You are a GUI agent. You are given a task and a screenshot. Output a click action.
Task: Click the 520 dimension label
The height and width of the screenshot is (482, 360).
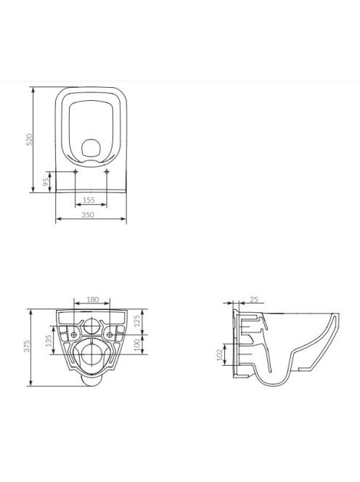pyautogui.click(x=30, y=139)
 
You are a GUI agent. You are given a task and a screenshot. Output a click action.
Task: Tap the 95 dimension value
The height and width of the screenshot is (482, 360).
pyautogui.click(x=46, y=181)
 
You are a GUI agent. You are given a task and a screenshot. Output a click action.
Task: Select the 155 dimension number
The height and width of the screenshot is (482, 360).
pyautogui.click(x=89, y=200)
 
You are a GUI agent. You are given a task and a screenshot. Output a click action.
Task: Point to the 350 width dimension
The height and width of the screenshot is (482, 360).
pyautogui.click(x=88, y=215)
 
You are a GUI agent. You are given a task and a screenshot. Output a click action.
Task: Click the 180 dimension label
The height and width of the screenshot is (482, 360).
pyautogui.click(x=92, y=299)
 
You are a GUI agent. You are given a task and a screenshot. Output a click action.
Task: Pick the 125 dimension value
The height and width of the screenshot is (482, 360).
pyautogui.click(x=137, y=321)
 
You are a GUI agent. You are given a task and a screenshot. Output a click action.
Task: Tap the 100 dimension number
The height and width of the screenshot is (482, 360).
pyautogui.click(x=137, y=345)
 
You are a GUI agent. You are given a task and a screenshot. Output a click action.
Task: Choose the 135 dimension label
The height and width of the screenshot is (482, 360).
pyautogui.click(x=49, y=341)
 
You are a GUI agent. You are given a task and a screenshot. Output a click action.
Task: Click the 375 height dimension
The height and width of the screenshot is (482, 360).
pyautogui.click(x=27, y=346)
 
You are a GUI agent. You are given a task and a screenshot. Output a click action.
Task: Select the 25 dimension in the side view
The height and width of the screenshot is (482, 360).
pyautogui.click(x=254, y=299)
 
